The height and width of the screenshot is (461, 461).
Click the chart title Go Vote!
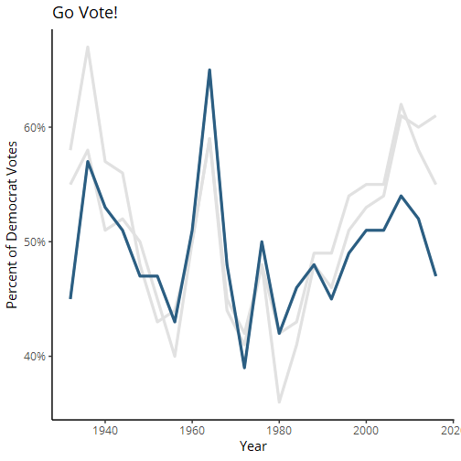click(85, 13)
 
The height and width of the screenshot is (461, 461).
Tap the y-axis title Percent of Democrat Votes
click(12, 225)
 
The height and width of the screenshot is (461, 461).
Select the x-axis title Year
click(253, 446)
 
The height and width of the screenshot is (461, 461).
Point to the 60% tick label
click(35, 127)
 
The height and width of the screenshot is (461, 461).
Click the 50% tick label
click(35, 241)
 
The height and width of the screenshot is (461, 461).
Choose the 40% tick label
click(35, 356)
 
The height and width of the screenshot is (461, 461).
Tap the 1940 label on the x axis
click(105, 431)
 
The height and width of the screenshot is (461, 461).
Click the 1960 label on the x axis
click(192, 431)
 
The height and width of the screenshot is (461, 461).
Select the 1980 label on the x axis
click(279, 431)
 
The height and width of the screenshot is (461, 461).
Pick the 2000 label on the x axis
click(366, 431)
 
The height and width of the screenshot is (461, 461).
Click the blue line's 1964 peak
click(209, 70)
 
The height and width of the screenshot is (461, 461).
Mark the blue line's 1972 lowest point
click(244, 368)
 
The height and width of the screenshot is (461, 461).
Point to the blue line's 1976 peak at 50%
click(262, 241)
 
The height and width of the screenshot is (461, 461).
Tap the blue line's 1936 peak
click(88, 162)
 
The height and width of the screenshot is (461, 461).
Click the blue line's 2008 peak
click(401, 196)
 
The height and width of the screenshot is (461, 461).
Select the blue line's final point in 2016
click(435, 275)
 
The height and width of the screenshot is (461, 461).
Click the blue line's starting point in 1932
click(70, 298)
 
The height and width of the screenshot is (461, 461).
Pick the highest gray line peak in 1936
click(88, 47)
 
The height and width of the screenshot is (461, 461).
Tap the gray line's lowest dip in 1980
click(279, 402)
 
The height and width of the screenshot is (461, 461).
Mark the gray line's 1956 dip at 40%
click(175, 356)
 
